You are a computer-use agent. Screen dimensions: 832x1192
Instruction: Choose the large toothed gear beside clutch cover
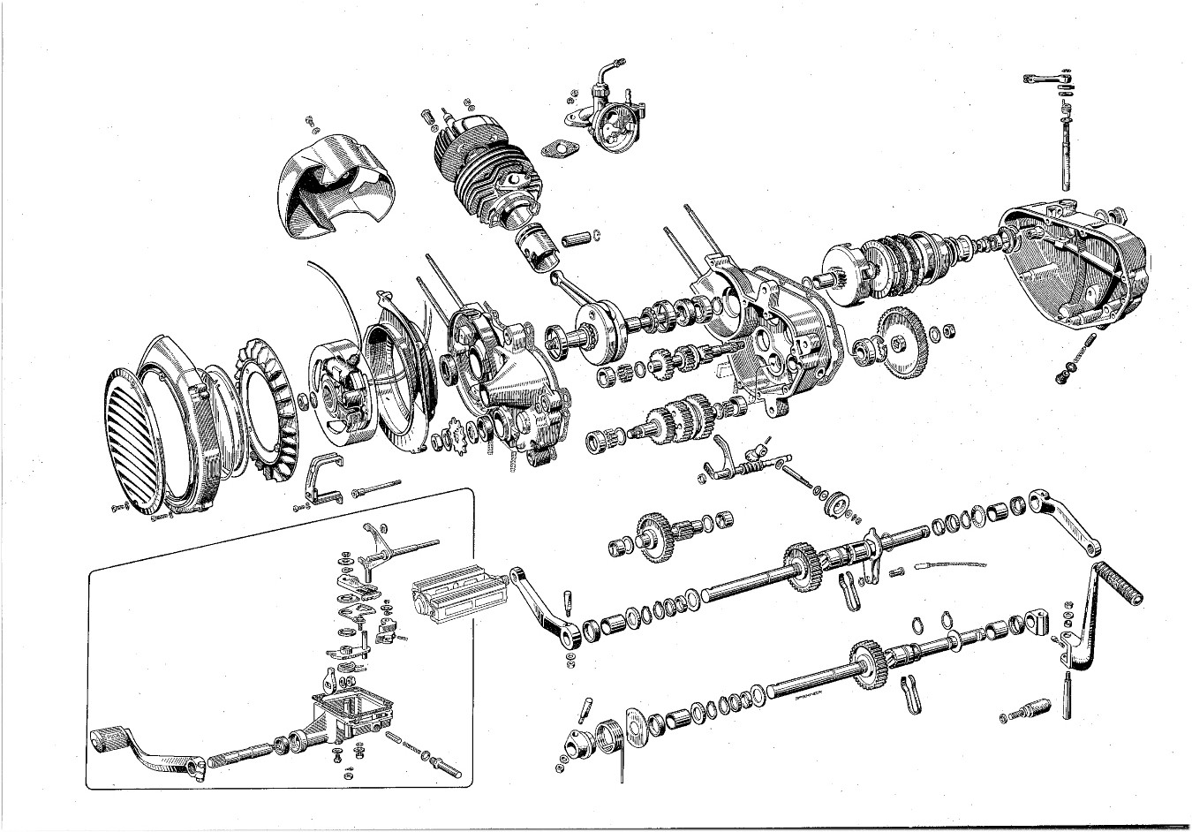tap(902, 339)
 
